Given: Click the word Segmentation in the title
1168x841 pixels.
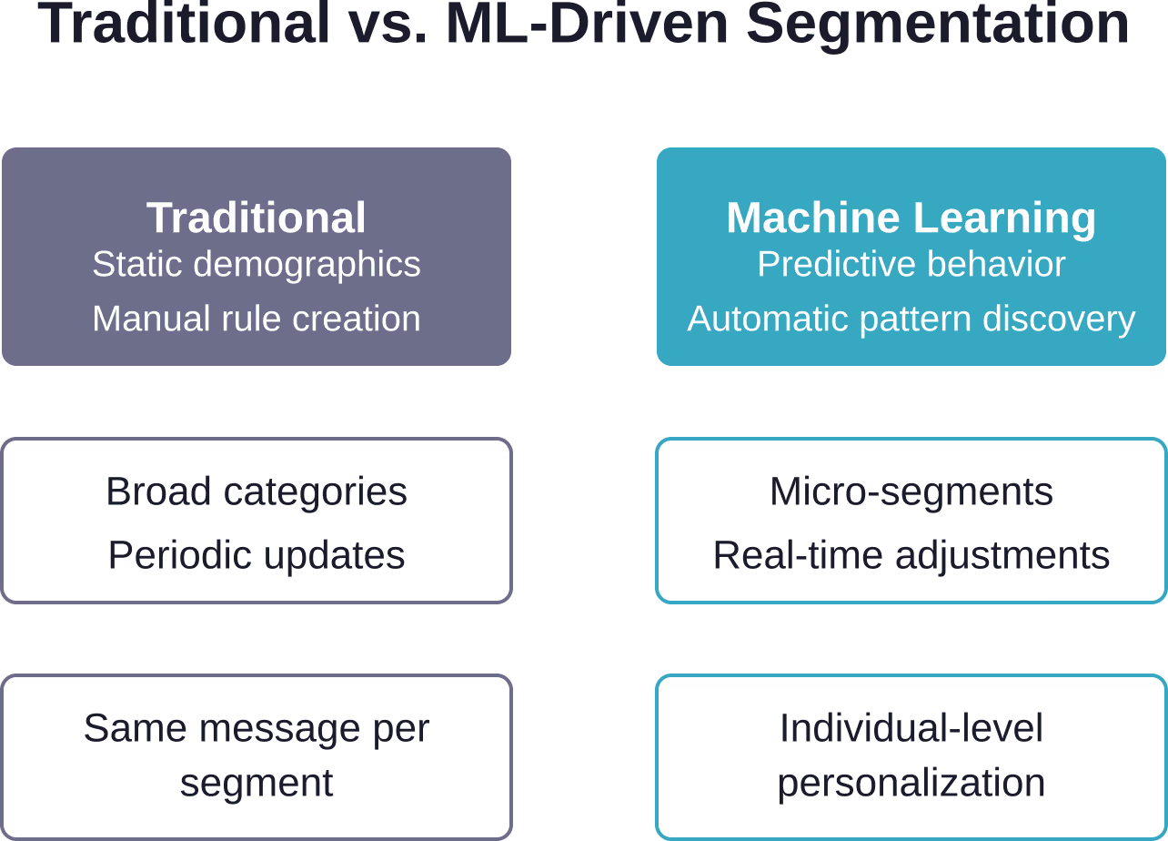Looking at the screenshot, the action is click(938, 25).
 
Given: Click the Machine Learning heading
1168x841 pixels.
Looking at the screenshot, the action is click(911, 218).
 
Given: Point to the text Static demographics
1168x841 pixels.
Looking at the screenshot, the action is click(256, 264).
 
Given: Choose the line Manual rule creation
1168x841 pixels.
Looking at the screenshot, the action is click(256, 319).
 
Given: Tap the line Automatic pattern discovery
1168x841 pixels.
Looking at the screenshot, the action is click(911, 319).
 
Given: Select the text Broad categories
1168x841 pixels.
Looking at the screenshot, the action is click(256, 492).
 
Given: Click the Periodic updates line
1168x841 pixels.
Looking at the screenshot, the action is click(256, 555).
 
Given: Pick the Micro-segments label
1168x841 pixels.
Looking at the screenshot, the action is click(911, 492).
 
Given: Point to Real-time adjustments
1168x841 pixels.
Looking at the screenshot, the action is click(911, 555).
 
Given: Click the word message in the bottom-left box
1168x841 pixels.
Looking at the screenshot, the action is click(279, 728).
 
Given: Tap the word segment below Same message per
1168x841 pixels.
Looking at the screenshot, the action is click(256, 784).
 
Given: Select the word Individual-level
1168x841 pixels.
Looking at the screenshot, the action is click(911, 728).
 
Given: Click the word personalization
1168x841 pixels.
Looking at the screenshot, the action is click(911, 783).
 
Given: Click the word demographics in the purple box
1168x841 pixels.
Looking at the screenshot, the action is click(307, 265).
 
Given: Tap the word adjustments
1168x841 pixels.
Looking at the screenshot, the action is click(1002, 556).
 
